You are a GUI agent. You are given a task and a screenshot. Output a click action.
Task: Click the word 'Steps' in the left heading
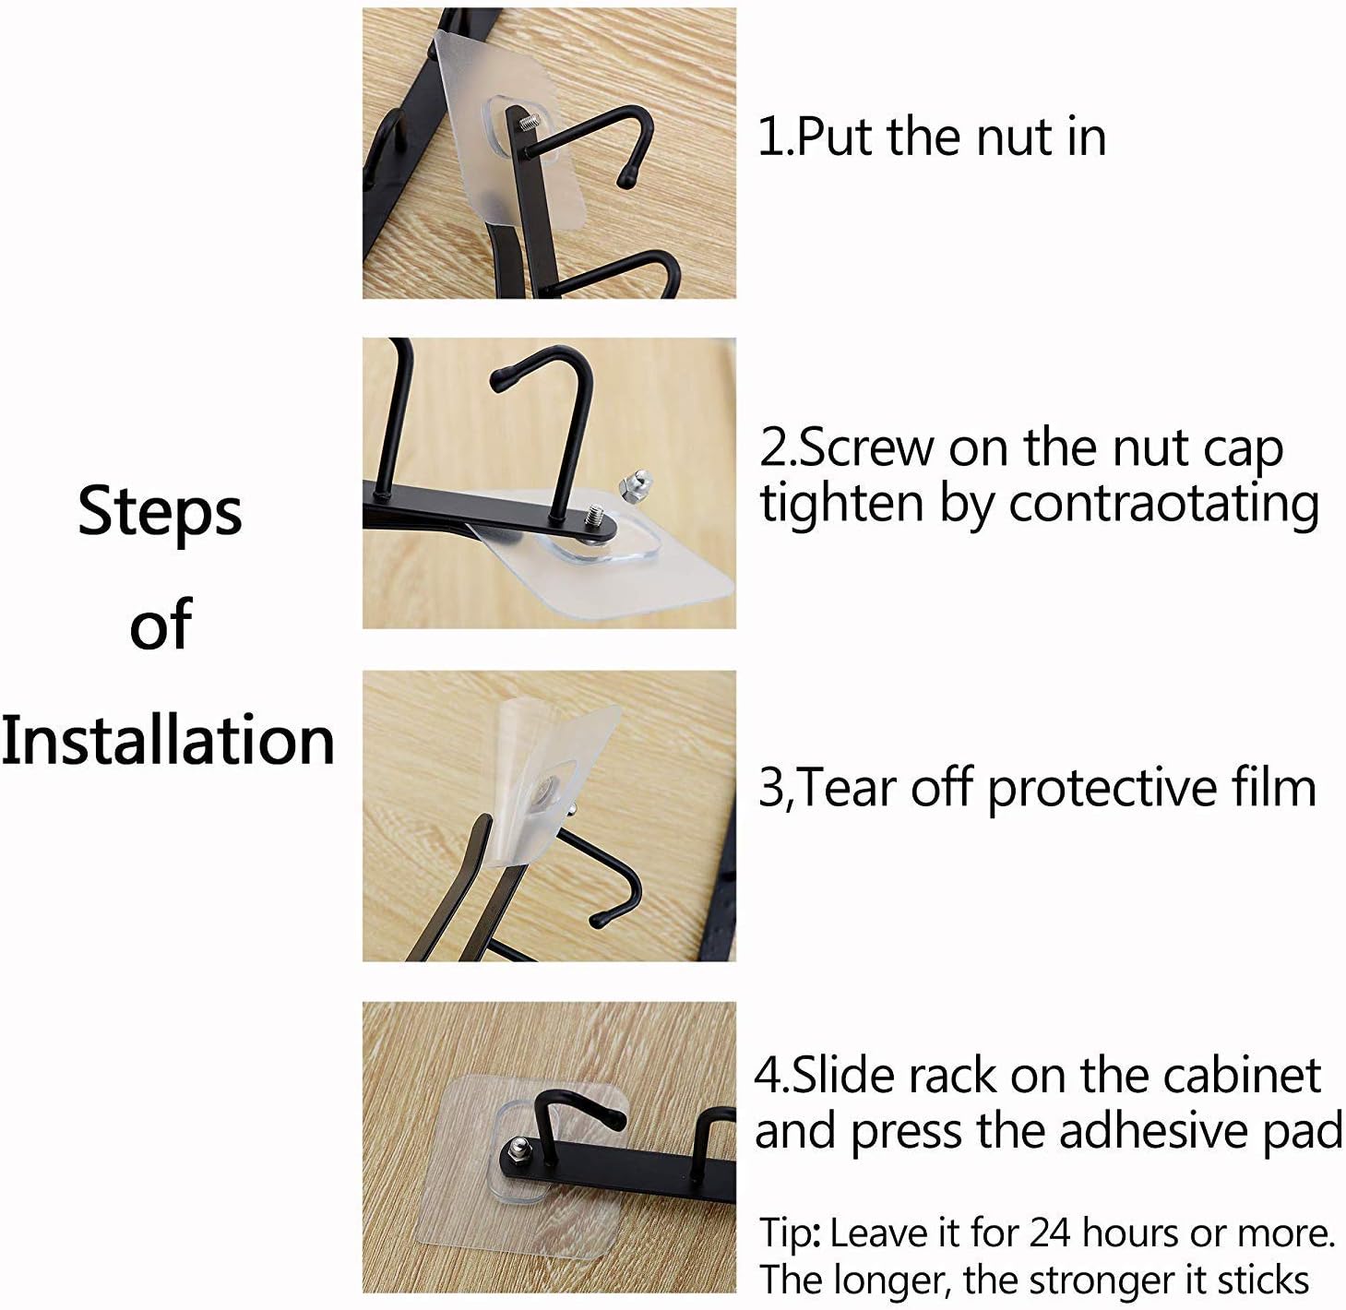[x=160, y=513]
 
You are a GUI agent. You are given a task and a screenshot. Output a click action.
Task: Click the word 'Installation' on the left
[x=168, y=740]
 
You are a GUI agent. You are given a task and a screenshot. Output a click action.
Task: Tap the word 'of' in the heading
[x=161, y=625]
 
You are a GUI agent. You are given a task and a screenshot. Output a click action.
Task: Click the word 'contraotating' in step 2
[x=1163, y=505]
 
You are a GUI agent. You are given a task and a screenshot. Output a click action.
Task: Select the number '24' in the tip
[x=1051, y=1233]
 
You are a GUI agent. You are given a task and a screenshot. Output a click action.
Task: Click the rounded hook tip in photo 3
[x=599, y=919]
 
